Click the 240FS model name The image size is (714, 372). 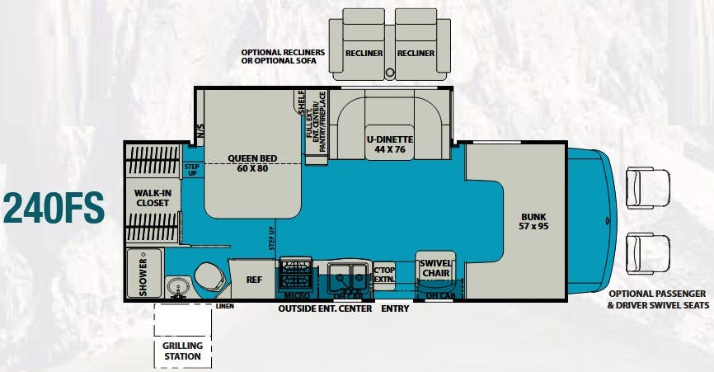[x=54, y=208]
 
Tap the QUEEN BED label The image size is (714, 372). [x=252, y=158]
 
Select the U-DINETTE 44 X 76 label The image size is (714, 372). [x=390, y=144]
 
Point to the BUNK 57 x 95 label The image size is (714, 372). [x=533, y=221]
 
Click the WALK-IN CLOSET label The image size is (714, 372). [x=153, y=198]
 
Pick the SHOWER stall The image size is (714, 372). [x=144, y=273]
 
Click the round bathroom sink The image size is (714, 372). [x=176, y=286]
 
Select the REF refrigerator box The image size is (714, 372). [x=253, y=279]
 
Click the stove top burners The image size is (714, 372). [x=296, y=273]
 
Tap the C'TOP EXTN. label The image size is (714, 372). [x=384, y=275]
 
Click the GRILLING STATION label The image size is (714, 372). [x=182, y=351]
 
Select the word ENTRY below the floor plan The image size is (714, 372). [x=395, y=308]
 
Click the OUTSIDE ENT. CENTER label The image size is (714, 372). [x=325, y=308]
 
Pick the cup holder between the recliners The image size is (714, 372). [x=390, y=72]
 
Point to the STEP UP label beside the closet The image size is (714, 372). [x=192, y=170]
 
